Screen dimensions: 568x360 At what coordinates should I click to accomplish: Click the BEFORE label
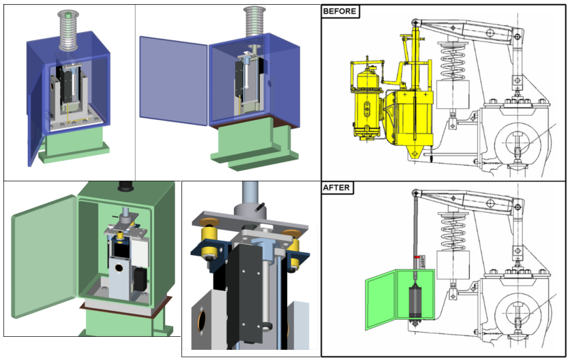pos(340,11)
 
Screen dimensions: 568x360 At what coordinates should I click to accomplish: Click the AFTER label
pos(337,187)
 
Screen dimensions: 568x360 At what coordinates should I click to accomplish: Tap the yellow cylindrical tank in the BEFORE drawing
pos(367,102)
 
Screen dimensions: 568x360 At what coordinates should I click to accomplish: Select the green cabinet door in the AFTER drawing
pos(380,301)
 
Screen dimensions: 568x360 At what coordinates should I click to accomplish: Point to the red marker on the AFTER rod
pos(417,257)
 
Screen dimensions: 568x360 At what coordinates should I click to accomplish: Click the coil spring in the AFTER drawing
pos(453,230)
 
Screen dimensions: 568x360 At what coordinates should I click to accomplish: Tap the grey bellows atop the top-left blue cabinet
pos(68,30)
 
